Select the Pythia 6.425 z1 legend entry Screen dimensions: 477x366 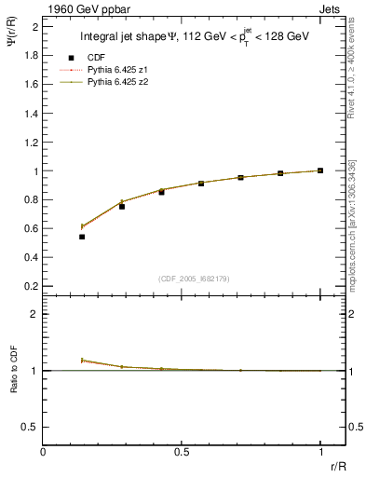click(115, 70)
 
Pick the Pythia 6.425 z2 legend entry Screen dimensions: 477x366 click(115, 82)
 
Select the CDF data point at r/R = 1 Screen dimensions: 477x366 click(320, 170)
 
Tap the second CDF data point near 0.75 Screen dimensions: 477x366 click(122, 206)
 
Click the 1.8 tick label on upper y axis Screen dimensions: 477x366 click(32, 55)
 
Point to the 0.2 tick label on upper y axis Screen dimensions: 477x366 click(32, 285)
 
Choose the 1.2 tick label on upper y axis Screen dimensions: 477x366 click(32, 142)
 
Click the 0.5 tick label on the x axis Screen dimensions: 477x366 click(182, 453)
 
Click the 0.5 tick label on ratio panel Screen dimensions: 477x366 click(32, 427)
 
